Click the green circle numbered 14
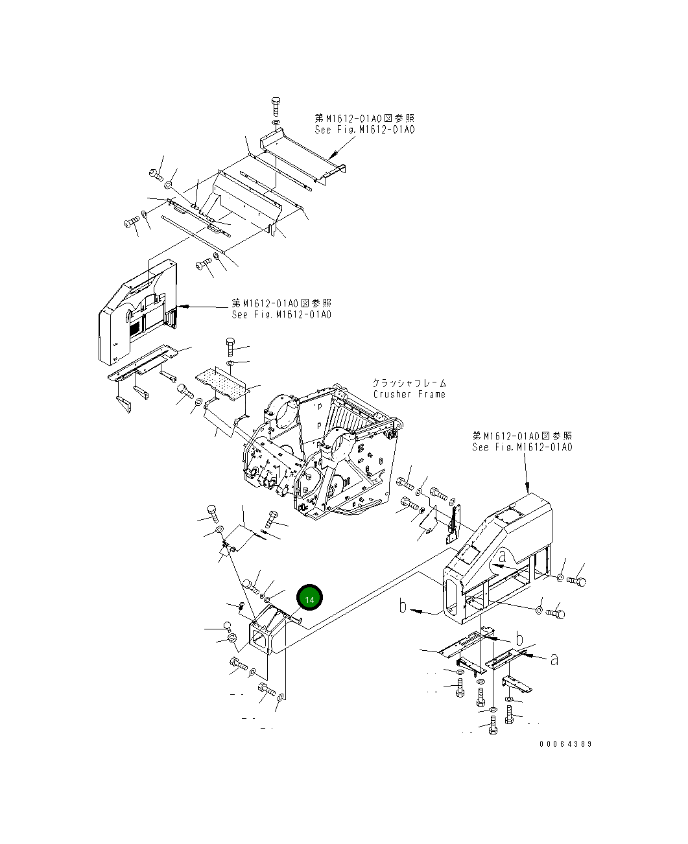point(309,599)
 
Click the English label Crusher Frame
point(409,394)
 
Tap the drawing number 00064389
point(565,744)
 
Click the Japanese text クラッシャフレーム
point(409,383)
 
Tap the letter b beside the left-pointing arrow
point(403,607)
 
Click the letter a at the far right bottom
point(554,659)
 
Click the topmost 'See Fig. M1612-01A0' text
point(364,130)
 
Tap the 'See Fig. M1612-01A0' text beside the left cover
point(281,314)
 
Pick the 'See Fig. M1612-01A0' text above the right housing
point(522,447)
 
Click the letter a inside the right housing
point(502,556)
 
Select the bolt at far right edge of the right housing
point(577,581)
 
